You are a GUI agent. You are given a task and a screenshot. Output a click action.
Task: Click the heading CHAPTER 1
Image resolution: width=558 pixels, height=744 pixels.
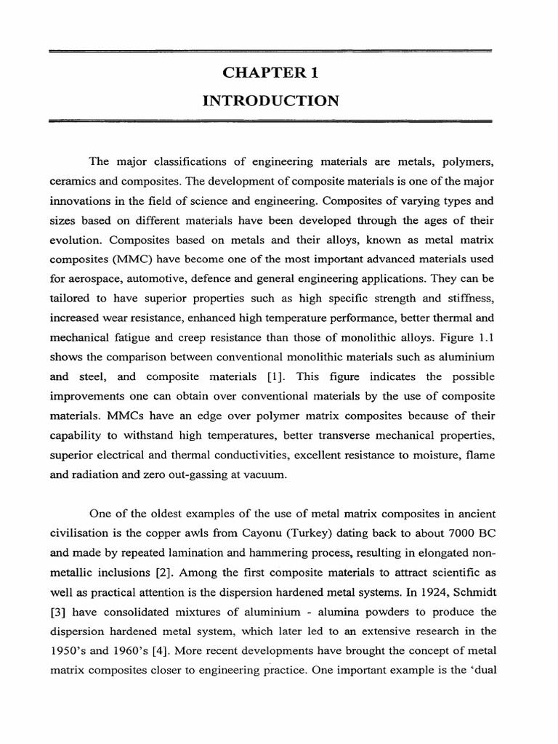point(270,73)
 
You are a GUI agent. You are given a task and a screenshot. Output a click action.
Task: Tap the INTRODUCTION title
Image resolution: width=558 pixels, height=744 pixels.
point(270,101)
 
